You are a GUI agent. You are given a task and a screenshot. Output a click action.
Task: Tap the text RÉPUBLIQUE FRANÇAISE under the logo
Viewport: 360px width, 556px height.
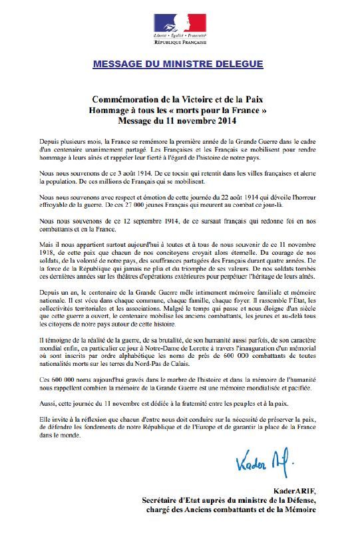180,42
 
